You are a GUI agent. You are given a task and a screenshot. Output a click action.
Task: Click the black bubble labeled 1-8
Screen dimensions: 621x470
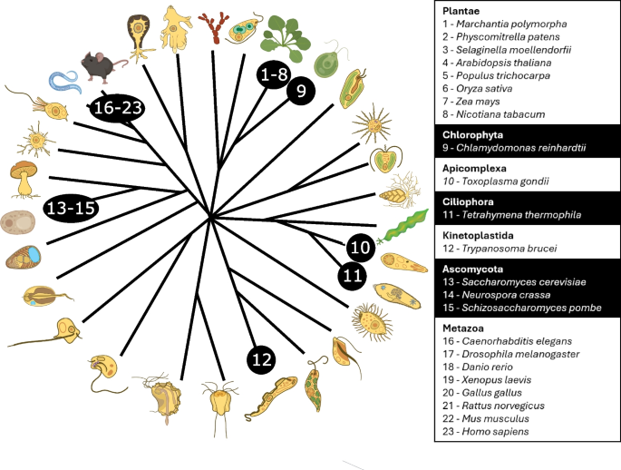pyautogui.click(x=274, y=74)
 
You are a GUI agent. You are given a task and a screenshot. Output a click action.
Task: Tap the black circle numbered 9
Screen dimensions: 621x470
pyautogui.click(x=301, y=91)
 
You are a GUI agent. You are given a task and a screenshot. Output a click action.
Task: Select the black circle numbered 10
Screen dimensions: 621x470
pyautogui.click(x=360, y=248)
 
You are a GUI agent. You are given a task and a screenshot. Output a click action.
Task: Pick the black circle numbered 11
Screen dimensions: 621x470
pyautogui.click(x=352, y=276)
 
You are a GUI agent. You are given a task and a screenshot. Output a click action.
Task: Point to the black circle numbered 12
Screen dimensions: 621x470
pyautogui.click(x=261, y=359)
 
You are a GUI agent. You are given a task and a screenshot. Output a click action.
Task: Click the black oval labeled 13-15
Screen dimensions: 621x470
pyautogui.click(x=72, y=208)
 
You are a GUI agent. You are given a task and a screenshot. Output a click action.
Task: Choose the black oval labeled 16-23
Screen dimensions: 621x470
pyautogui.click(x=117, y=107)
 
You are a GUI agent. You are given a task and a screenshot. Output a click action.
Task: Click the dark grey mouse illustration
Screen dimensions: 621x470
pyautogui.click(x=102, y=66)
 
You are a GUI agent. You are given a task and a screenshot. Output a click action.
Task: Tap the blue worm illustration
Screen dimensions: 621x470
pyautogui.click(x=65, y=83)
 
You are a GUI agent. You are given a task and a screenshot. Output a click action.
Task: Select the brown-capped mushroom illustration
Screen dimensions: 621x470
pyautogui.click(x=24, y=179)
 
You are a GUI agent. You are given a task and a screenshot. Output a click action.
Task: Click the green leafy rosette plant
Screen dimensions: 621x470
pyautogui.click(x=285, y=38)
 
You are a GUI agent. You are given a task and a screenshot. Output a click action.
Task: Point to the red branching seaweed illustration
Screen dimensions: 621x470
pyautogui.click(x=214, y=27)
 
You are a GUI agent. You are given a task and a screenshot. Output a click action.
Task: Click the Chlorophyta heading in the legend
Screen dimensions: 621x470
pyautogui.click(x=472, y=134)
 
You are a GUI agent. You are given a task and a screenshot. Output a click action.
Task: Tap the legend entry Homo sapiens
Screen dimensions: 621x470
pyautogui.click(x=486, y=432)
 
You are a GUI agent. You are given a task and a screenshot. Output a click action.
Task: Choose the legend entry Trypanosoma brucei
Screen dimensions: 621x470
pyautogui.click(x=500, y=249)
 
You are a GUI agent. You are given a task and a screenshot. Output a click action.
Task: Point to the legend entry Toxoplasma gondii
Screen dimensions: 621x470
pyautogui.click(x=496, y=181)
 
